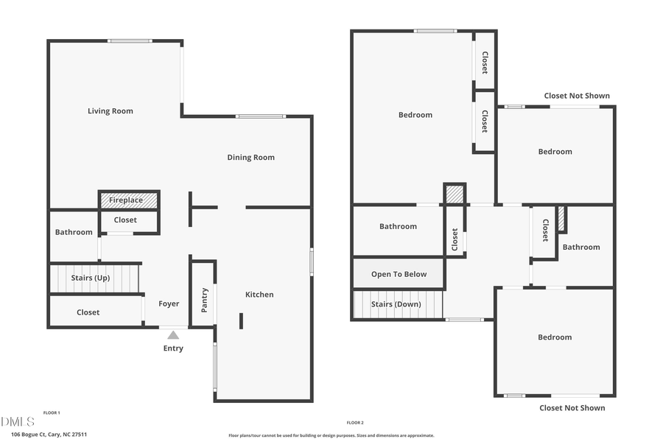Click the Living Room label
[110, 111]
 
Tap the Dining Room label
[250, 157]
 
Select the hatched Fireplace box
[129, 200]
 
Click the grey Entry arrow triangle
[173, 335]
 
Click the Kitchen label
[259, 295]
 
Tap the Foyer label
[169, 304]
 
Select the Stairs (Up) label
[91, 278]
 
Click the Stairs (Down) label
[396, 304]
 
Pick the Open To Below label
[399, 274]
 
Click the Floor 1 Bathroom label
[74, 232]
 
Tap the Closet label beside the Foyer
[88, 312]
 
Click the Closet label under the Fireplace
[125, 220]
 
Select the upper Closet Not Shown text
[577, 96]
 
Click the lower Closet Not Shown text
[572, 407]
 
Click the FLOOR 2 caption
[355, 423]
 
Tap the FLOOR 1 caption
[52, 413]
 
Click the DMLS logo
[18, 421]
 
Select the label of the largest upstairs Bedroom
[415, 115]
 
